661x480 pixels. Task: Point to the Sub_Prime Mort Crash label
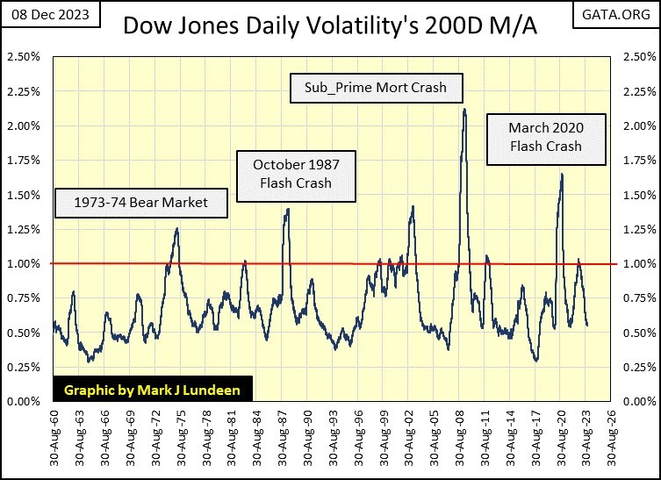pos(377,88)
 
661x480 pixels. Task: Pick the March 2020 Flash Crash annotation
pos(545,137)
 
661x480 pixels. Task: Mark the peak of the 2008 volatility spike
pos(463,110)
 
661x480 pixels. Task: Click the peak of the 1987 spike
pos(287,209)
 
